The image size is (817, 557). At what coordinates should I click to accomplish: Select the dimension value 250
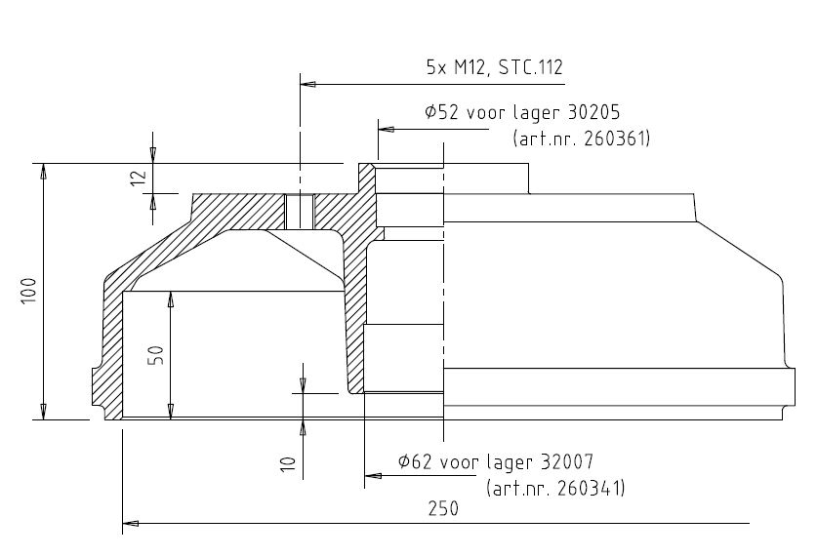click(x=442, y=509)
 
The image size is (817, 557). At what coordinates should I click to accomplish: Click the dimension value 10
click(x=287, y=461)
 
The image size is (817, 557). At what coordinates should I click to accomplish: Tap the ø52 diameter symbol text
click(x=443, y=112)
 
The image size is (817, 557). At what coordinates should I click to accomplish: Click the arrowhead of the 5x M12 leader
click(x=308, y=85)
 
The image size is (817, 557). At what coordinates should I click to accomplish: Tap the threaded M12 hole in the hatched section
click(x=300, y=208)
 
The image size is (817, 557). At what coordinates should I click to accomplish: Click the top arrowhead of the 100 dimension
click(x=43, y=172)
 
